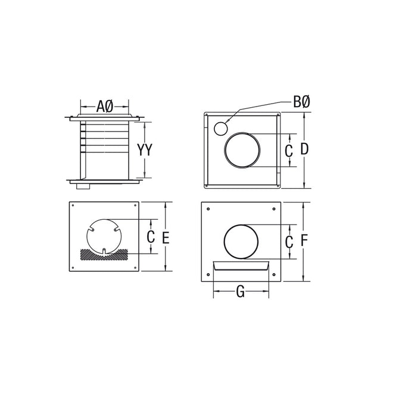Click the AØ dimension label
(105, 107)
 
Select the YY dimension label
(145, 150)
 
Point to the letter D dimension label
(304, 150)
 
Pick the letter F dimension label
(304, 241)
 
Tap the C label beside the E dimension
(151, 238)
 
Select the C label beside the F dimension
(289, 242)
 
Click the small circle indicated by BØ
(220, 127)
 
